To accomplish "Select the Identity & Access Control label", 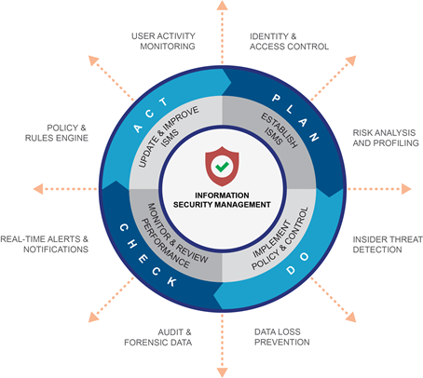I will (x=287, y=40).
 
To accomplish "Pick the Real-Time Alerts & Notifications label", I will (x=45, y=244).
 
